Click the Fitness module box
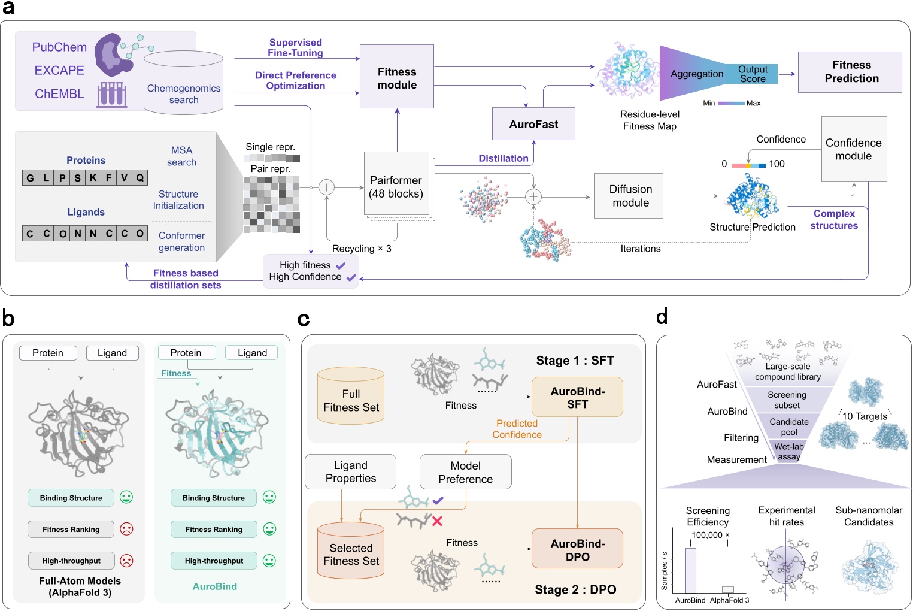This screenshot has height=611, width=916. [x=396, y=77]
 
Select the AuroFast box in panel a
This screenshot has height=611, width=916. [x=533, y=124]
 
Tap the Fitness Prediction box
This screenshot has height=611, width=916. [x=850, y=72]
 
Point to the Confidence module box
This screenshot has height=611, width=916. [x=854, y=149]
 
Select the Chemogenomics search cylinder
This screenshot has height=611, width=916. [x=183, y=84]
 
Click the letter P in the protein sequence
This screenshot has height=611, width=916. [x=62, y=177]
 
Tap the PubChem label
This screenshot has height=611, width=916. [x=59, y=47]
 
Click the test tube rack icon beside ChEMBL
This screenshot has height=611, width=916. [x=112, y=95]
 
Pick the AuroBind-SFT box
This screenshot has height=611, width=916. [x=577, y=397]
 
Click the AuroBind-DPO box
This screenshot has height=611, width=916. [x=577, y=549]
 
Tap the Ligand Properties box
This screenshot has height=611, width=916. [x=351, y=472]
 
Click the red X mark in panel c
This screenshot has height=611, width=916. [x=437, y=521]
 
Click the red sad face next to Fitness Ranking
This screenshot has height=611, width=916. [x=126, y=529]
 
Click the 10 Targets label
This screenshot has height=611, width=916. [x=865, y=416]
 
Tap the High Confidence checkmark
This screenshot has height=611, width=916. [x=351, y=277]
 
